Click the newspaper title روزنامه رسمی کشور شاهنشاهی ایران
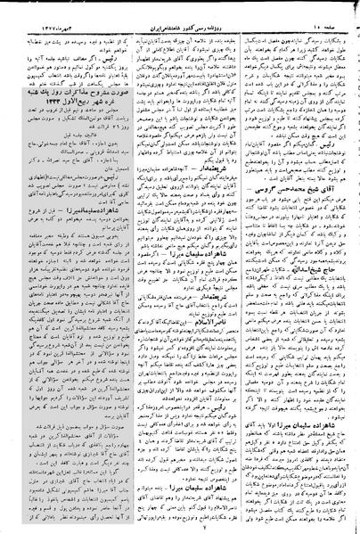click(x=183, y=15)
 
